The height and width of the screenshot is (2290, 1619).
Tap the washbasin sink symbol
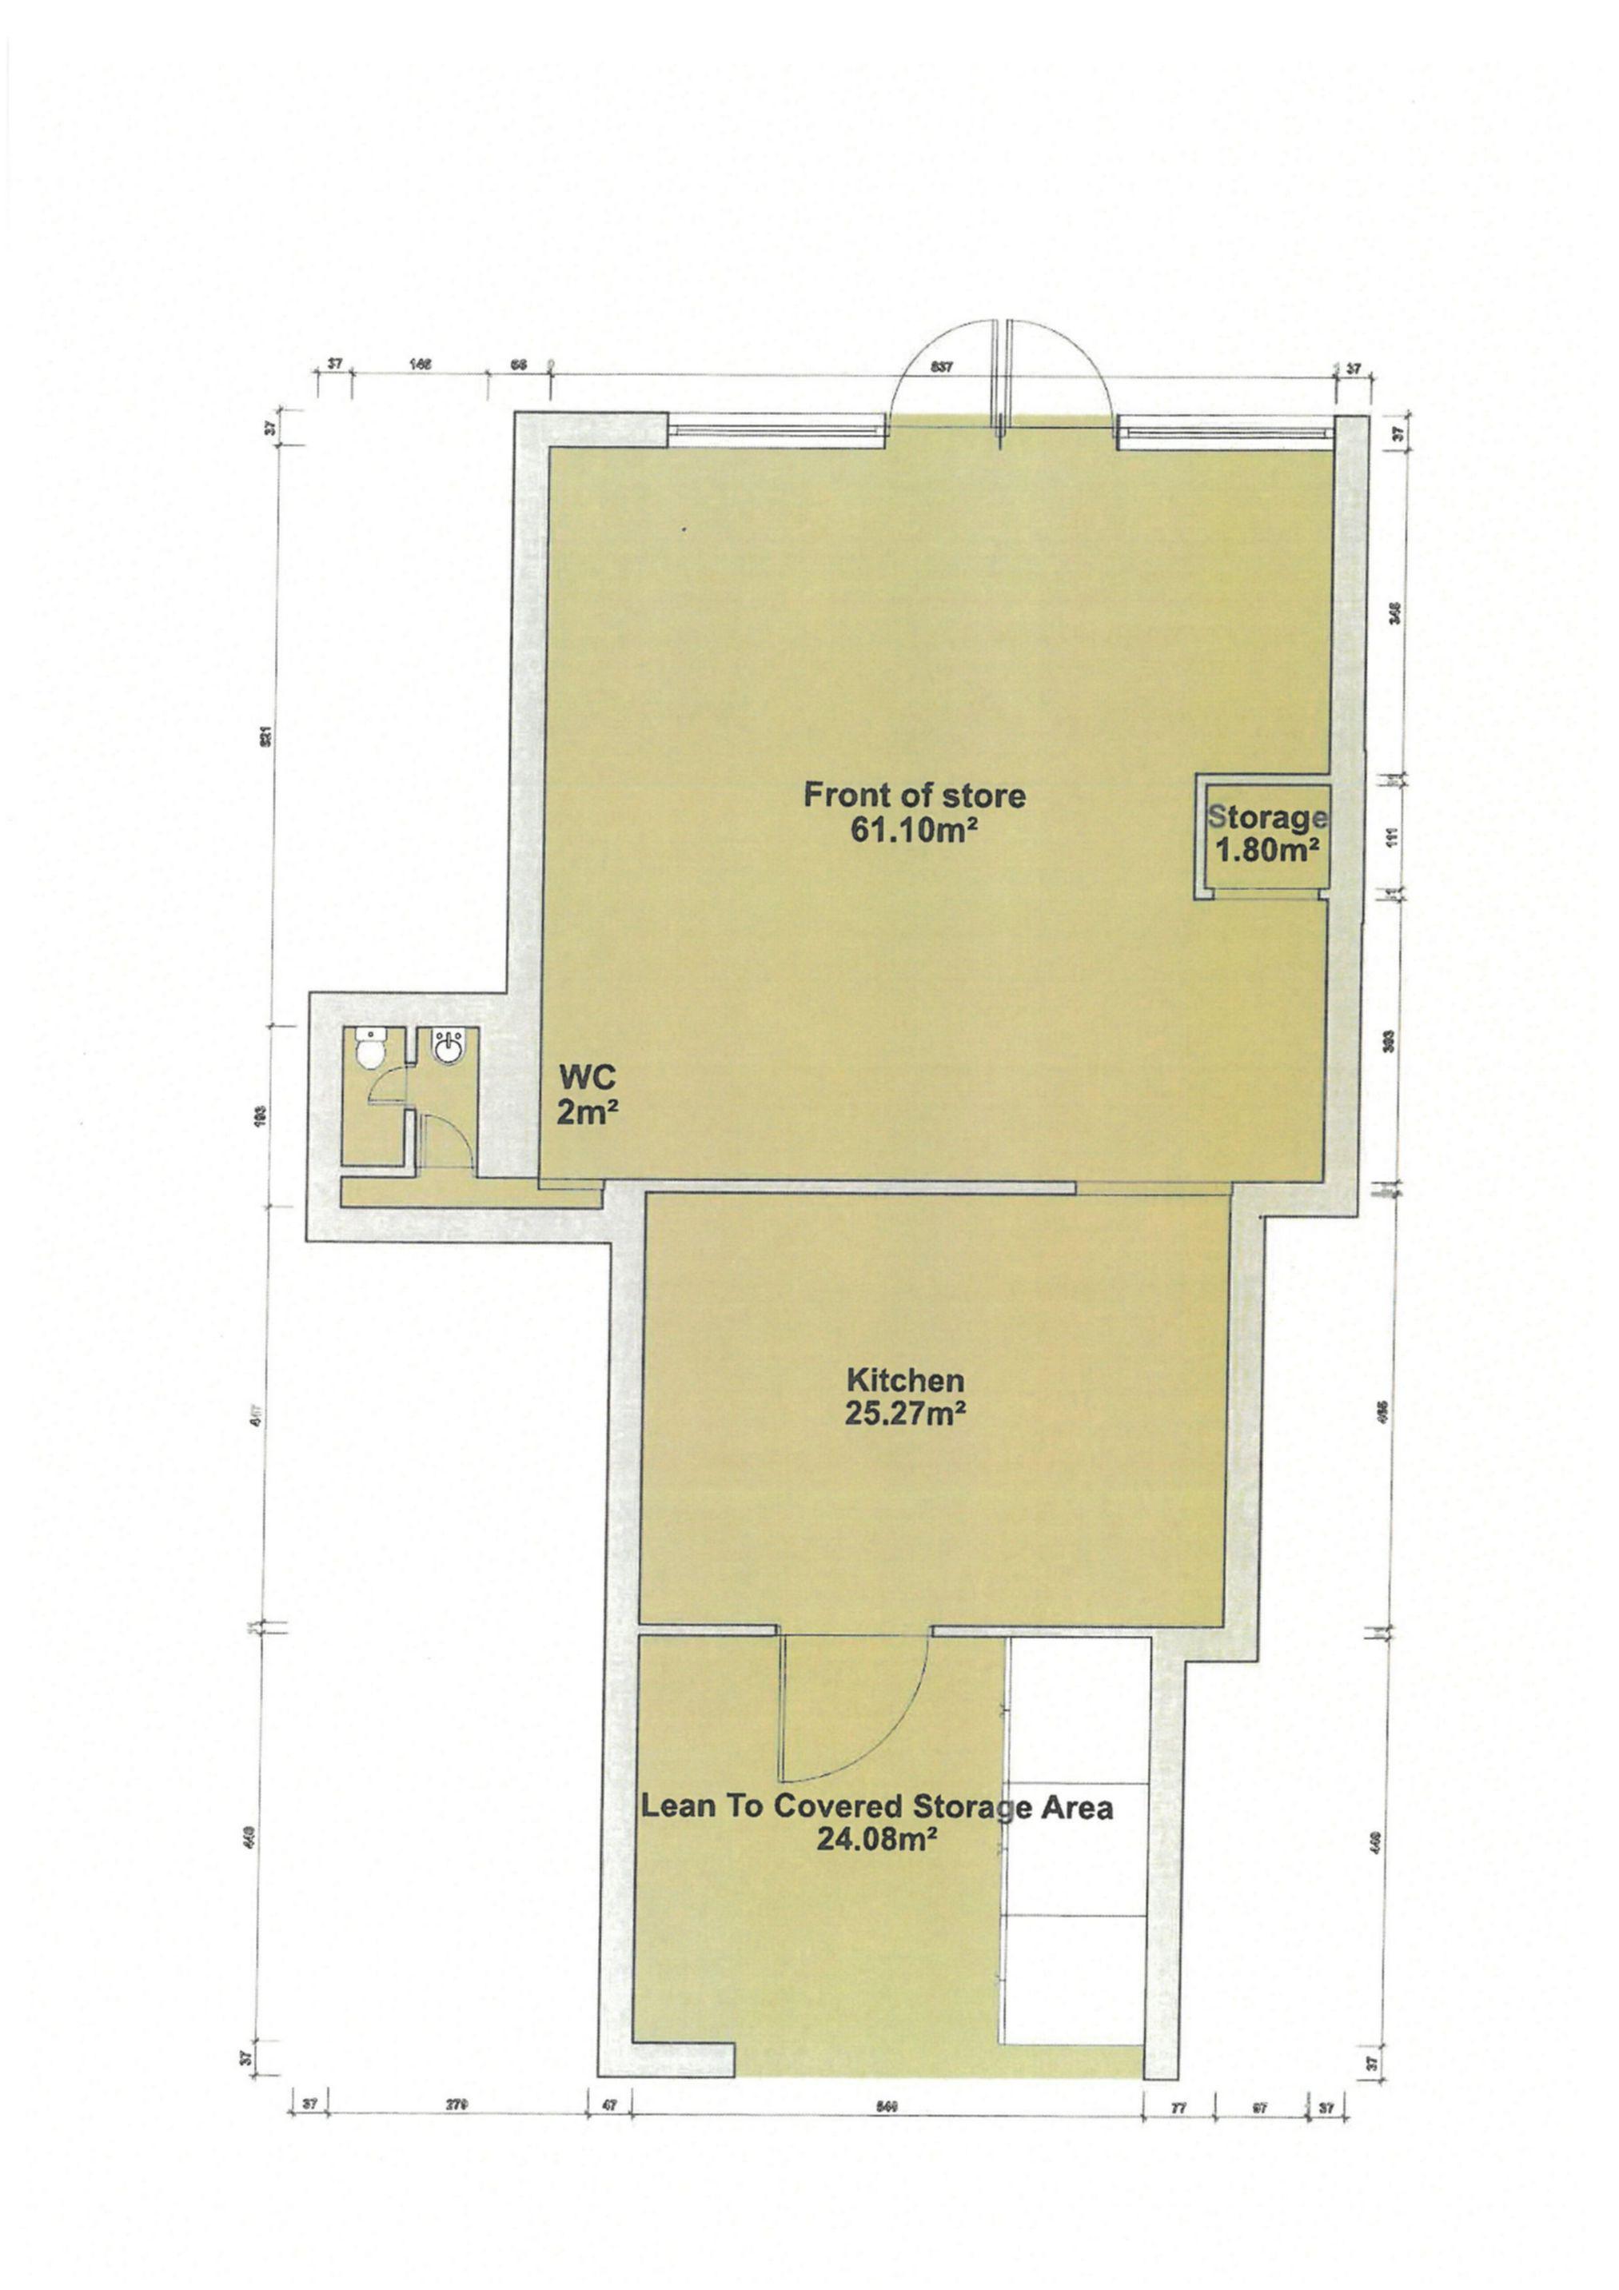446,1047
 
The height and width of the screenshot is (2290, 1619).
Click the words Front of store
914,796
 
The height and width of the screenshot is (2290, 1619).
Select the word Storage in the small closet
1267,818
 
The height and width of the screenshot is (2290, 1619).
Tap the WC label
588,1077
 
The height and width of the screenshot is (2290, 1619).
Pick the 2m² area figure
588,1111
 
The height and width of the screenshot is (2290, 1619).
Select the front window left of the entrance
778,431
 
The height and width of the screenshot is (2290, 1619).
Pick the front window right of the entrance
1225,431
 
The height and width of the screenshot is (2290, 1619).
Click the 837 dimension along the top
942,367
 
